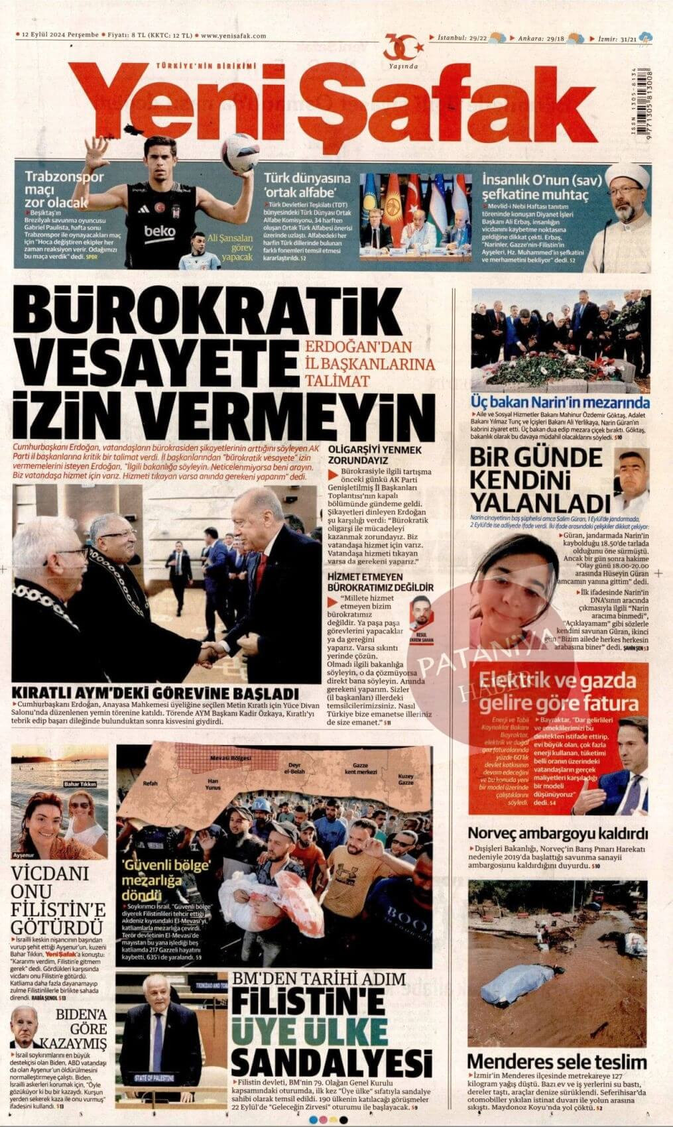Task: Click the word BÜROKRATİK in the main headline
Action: (x=203, y=311)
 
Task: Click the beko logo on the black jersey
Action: (x=160, y=231)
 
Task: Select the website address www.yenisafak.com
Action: (x=233, y=36)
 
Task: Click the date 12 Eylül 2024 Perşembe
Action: (x=60, y=36)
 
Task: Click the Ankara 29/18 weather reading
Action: (x=541, y=38)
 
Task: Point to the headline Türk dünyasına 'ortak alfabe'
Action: (x=307, y=186)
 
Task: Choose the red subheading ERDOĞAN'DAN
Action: (x=359, y=347)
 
